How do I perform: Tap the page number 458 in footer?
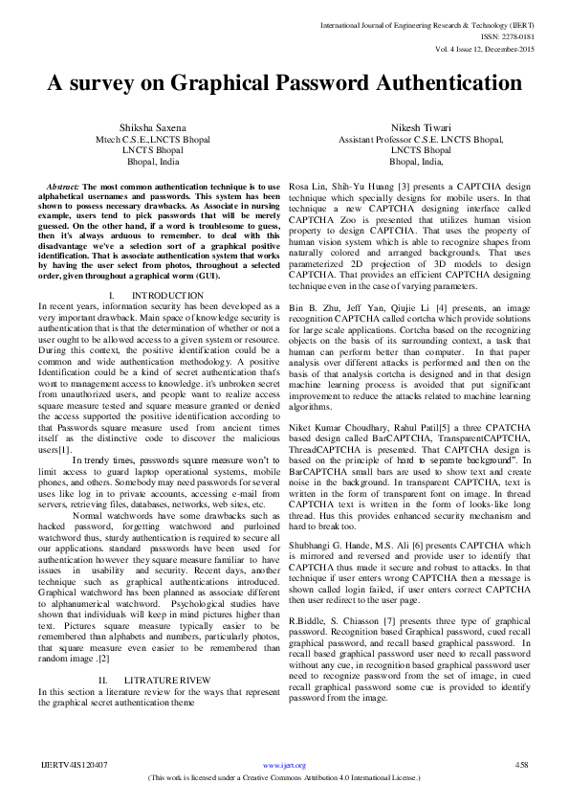[x=521, y=765]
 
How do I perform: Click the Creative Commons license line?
[x=284, y=778]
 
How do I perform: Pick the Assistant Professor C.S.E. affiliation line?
[x=420, y=139]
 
